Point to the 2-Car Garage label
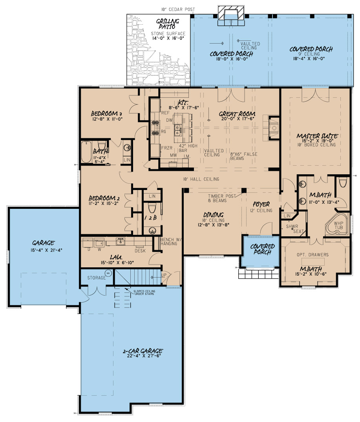[x=142, y=351]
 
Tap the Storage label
[x=97, y=278]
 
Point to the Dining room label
[x=214, y=215]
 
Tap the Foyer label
[x=261, y=205]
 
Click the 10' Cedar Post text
[x=177, y=9]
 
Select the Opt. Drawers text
[x=312, y=255]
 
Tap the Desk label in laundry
[x=141, y=250]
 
